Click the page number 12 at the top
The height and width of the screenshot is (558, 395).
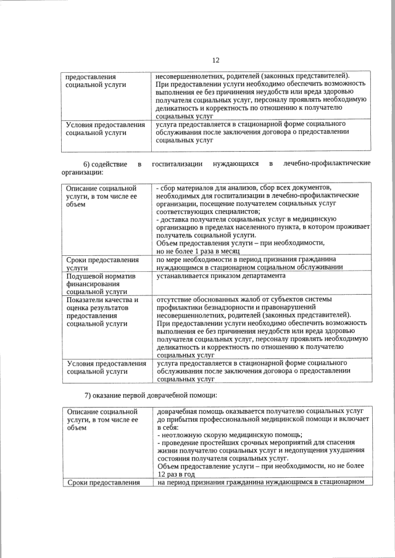(x=215, y=60)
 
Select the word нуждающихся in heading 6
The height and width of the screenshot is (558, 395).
(x=235, y=164)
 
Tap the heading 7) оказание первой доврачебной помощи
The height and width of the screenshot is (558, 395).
(x=151, y=395)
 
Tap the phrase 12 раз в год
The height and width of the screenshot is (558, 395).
(x=181, y=475)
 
